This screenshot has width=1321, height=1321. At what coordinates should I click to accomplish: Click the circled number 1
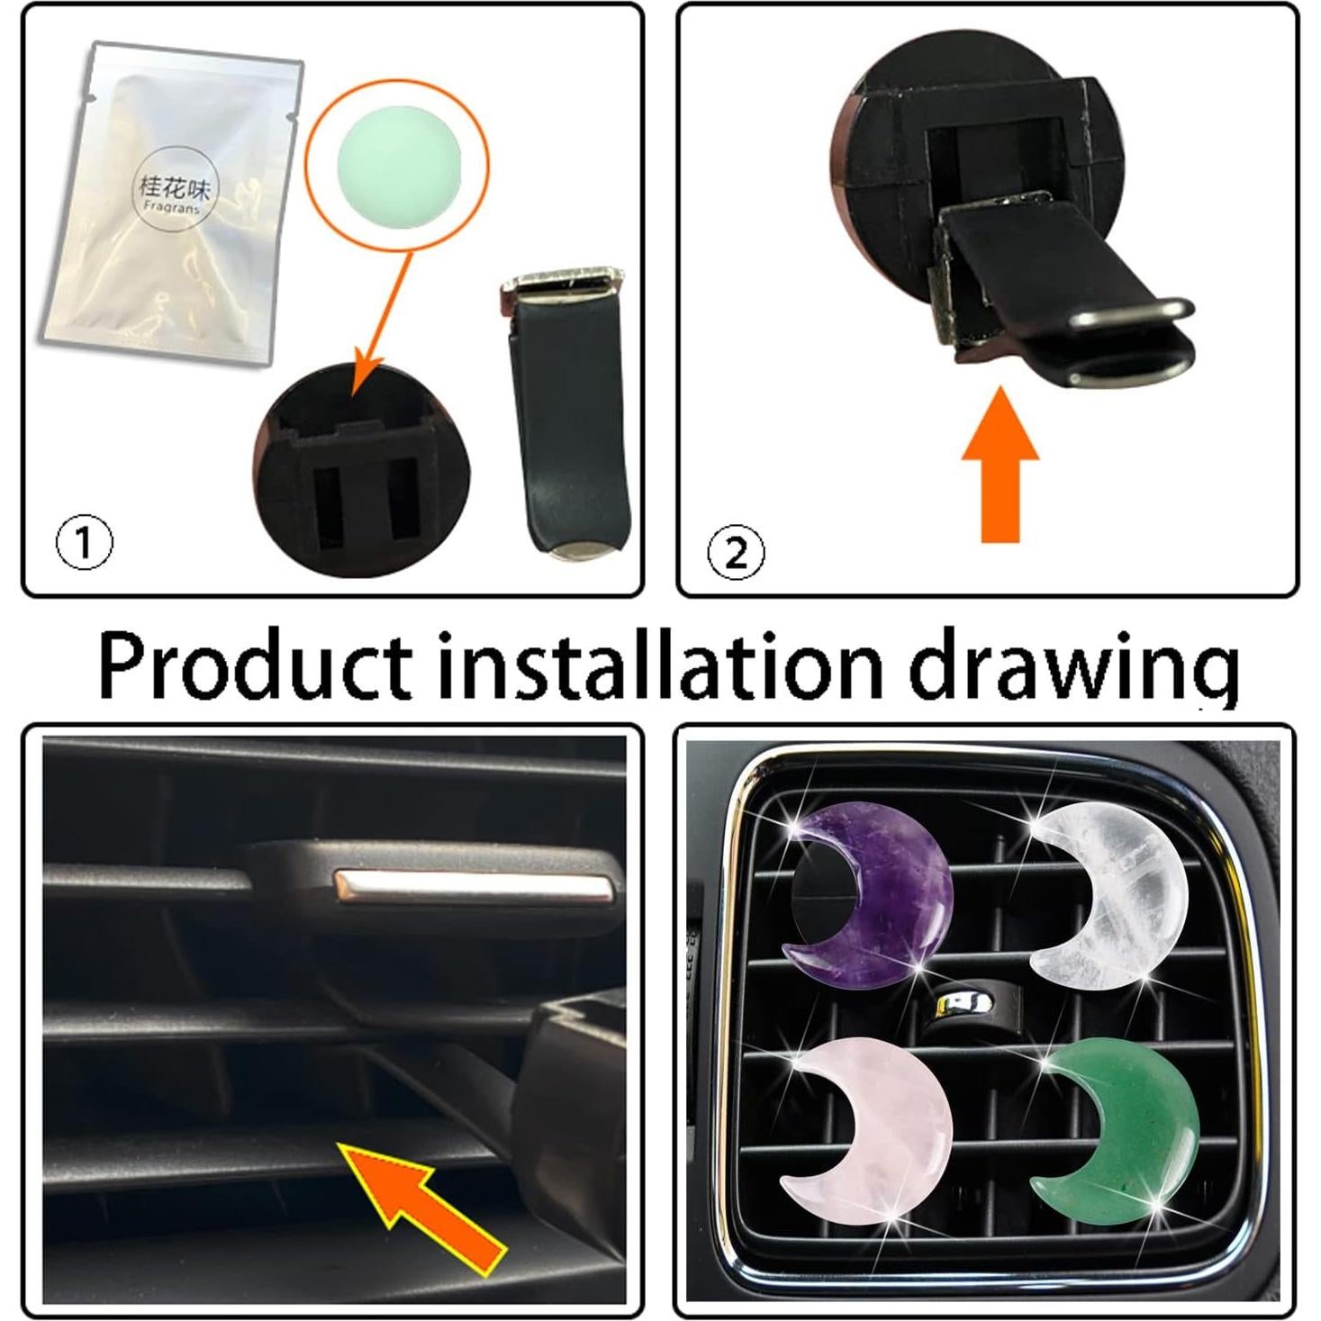click(x=84, y=543)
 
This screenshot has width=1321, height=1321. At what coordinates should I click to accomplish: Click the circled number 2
click(x=736, y=552)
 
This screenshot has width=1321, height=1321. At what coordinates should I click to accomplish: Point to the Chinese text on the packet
click(x=173, y=186)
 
